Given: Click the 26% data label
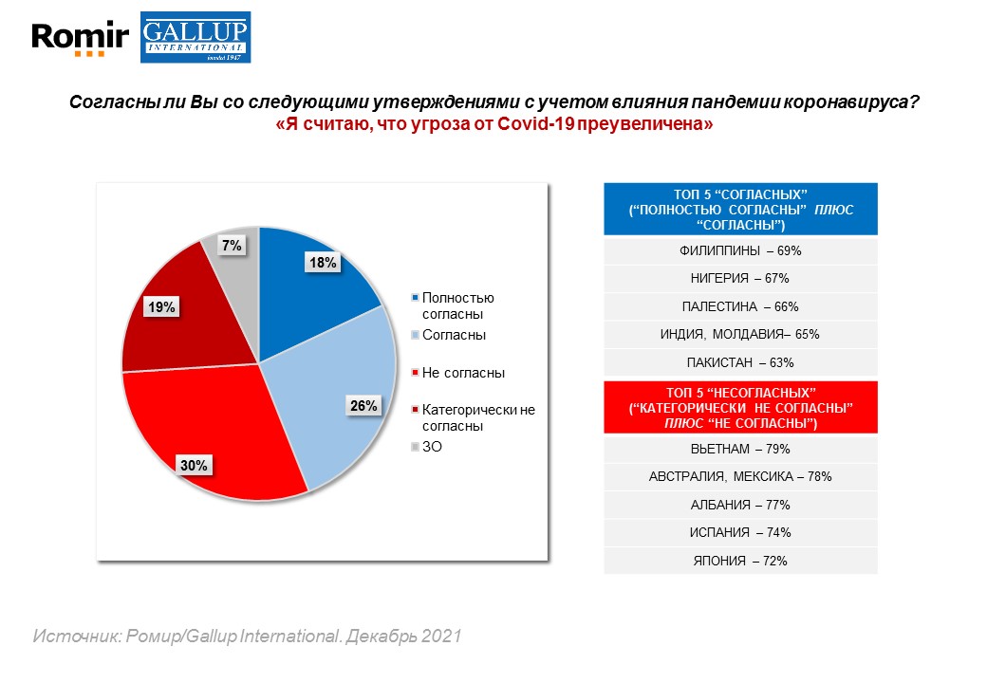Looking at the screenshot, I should pos(363,406).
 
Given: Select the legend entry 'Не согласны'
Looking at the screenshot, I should pos(462,373).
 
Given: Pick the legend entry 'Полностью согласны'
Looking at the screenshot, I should pos(457,305).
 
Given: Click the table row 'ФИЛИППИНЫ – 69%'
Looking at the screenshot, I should pos(741,251).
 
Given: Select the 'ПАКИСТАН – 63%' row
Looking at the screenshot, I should pos(741,362).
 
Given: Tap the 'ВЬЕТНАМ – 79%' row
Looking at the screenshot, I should pos(741,449).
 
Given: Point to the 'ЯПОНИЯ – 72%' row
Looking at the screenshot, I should pos(741,561).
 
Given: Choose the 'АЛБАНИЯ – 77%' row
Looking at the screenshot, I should pos(741,505).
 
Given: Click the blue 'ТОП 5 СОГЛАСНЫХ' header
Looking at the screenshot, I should pos(741,209).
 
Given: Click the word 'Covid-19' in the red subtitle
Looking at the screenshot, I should pos(529,124).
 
